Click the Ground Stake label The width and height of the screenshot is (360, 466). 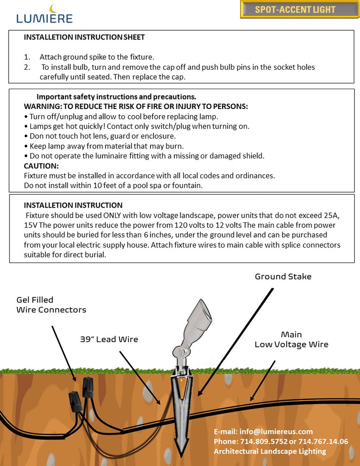click(283, 276)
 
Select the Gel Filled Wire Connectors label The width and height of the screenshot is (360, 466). click(51, 305)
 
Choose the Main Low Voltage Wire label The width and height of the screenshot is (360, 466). click(291, 339)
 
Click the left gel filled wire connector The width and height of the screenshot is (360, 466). click(74, 398)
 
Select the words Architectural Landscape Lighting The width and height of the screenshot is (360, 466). click(270, 451)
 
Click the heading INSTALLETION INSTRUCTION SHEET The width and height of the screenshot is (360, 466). click(84, 37)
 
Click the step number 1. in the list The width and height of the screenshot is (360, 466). click(27, 57)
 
